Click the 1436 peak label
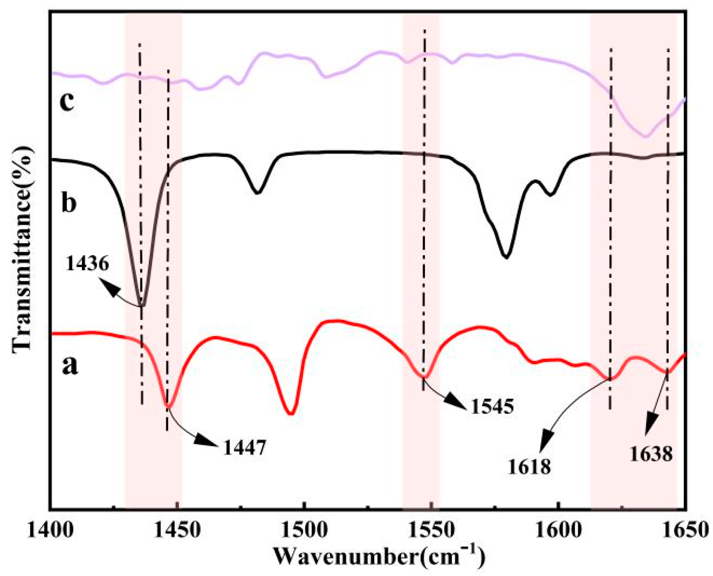[x=87, y=263]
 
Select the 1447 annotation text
[x=245, y=448]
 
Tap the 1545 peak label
[x=492, y=406]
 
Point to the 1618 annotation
[x=529, y=467]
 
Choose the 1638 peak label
[x=651, y=454]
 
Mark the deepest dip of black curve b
[x=142, y=305]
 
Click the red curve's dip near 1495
[x=291, y=413]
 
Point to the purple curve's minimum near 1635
[x=646, y=136]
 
